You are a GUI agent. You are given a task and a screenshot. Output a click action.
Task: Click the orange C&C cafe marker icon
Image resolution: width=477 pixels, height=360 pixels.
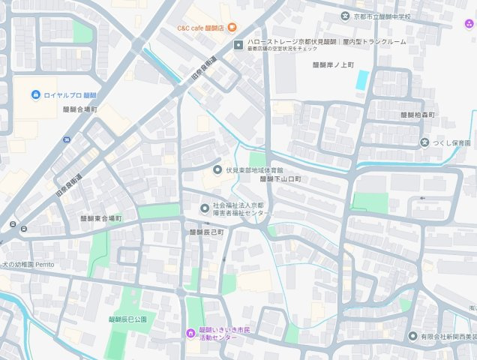coord(232,28)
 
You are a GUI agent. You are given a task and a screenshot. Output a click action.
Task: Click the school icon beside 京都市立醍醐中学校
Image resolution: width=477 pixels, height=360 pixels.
coord(346,16)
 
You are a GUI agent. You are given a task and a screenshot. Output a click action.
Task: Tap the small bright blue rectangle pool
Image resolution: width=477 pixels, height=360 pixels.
coord(362,79)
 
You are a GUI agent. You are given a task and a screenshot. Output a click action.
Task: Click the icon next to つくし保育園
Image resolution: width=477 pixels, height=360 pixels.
coord(424,142)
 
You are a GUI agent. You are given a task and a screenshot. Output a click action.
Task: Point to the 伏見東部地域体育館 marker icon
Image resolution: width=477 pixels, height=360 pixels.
coord(217,169)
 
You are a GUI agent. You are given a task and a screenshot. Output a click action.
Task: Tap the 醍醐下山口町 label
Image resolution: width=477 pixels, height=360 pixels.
coord(280,179)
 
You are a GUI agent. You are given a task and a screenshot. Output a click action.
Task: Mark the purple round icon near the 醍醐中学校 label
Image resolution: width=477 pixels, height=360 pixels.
coord(469,22)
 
